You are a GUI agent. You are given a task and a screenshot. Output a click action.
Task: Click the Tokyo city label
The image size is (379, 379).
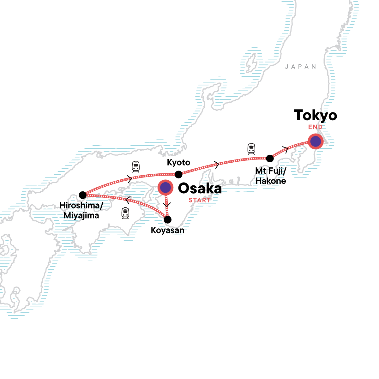tap(315, 116)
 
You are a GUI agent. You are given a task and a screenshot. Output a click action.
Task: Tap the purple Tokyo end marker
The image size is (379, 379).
tap(316, 141)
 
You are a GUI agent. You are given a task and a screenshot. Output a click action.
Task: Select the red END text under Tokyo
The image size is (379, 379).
tap(316, 127)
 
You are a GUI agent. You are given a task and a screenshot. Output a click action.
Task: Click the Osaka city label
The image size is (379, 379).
tap(200, 189)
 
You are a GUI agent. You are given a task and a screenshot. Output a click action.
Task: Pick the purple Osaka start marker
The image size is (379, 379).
tap(165, 188)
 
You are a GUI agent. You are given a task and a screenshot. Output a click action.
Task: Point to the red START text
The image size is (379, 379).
tap(200, 200)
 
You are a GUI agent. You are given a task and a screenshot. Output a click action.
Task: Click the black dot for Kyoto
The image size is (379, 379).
tap(178, 174)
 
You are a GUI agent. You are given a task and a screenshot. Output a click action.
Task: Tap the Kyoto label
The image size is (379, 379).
tap(178, 163)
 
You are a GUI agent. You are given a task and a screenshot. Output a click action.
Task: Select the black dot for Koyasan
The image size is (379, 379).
tap(168, 220)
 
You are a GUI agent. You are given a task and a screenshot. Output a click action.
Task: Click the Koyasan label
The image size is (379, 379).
tap(167, 230)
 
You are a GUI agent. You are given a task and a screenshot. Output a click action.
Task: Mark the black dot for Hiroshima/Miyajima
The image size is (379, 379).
tap(82, 195)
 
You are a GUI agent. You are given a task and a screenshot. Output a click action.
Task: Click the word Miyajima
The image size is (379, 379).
tap(81, 216)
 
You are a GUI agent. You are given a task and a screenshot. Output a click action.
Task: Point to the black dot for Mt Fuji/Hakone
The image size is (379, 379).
tap(270, 158)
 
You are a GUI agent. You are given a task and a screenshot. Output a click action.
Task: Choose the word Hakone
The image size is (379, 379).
tap(271, 181)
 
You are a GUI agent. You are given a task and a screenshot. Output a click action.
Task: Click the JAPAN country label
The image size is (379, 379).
tap(300, 67)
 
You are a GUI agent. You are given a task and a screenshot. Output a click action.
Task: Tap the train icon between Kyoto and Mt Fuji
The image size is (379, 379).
tap(251, 148)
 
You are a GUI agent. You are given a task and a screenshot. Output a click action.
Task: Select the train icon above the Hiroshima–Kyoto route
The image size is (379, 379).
tap(135, 166)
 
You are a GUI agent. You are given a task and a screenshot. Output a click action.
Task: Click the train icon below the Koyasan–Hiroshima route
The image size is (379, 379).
tap(125, 213)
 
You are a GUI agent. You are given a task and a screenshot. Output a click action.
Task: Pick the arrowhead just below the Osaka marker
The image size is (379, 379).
tap(167, 205)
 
